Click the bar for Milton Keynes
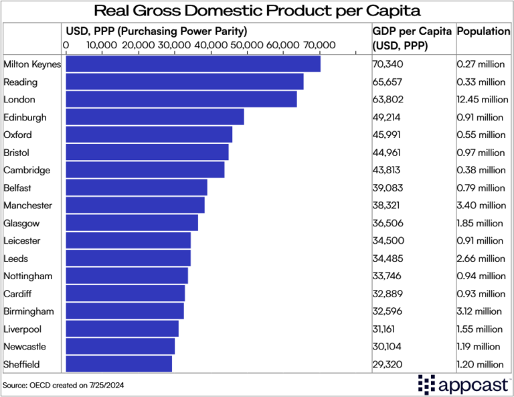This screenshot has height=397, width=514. [193, 64]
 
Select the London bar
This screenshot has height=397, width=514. [181, 99]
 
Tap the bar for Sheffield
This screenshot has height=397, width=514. [119, 364]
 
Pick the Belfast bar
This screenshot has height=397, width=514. [137, 187]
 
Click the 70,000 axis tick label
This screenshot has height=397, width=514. [319, 45]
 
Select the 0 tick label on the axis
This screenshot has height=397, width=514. [66, 45]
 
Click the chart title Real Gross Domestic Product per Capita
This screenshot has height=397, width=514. [257, 11]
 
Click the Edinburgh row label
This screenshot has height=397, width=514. [25, 117]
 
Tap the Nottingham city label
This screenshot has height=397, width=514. [29, 276]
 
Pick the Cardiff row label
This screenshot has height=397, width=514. [18, 293]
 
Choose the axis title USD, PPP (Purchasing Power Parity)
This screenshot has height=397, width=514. [156, 31]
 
